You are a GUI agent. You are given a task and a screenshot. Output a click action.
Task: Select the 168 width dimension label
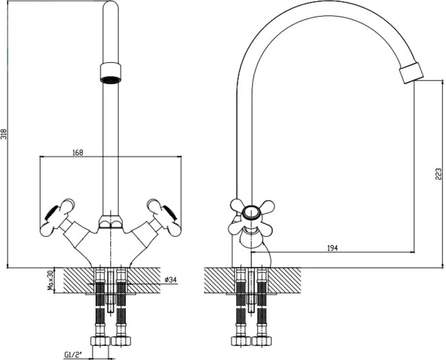click(x=77, y=153)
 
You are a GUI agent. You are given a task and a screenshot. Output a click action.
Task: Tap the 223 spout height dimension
click(x=438, y=174)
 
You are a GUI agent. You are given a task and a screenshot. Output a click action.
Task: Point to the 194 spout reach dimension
click(x=332, y=248)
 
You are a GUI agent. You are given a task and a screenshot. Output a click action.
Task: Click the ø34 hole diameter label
click(x=171, y=280)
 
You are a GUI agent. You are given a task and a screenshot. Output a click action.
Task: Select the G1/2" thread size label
click(x=73, y=354)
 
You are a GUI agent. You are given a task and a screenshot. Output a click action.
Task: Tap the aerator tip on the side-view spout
click(x=412, y=72)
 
